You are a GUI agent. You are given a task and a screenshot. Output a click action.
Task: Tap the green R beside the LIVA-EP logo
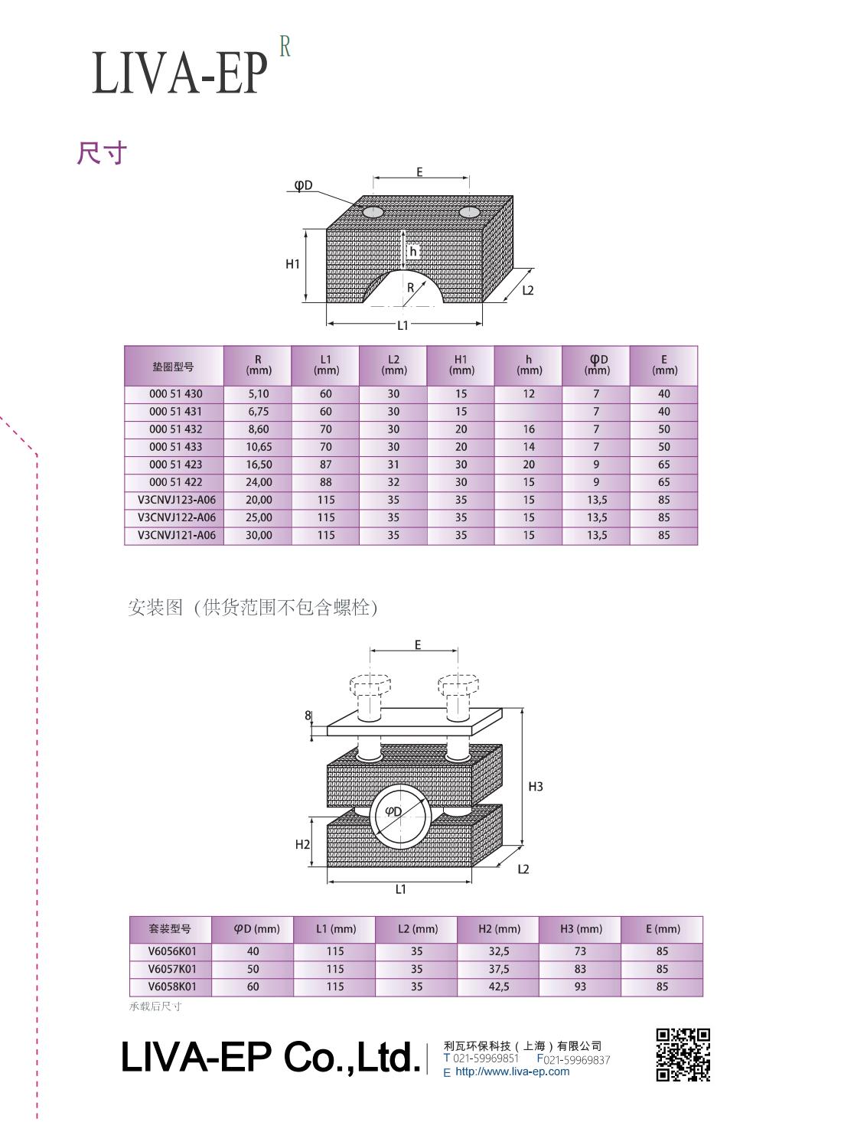click(x=285, y=47)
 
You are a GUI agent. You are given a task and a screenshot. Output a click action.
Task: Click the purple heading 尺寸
click(x=102, y=153)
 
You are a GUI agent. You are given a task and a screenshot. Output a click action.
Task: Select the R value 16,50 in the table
click(x=259, y=465)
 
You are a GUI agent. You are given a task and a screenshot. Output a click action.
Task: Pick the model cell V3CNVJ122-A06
click(x=177, y=517)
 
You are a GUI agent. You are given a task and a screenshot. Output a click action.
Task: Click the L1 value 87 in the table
click(x=326, y=465)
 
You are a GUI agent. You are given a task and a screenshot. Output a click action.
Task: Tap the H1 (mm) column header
click(x=461, y=365)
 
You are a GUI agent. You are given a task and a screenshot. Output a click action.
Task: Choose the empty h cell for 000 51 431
click(x=529, y=412)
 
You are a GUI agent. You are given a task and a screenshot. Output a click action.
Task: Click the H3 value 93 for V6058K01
click(x=580, y=987)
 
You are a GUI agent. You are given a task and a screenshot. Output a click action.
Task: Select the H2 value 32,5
click(x=498, y=951)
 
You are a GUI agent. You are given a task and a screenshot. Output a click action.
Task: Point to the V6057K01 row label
click(x=172, y=969)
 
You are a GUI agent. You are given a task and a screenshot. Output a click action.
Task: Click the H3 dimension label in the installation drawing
click(x=536, y=786)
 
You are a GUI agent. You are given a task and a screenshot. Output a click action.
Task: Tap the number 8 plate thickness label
click(x=308, y=715)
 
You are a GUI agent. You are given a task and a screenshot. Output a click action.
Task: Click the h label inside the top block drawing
click(x=413, y=252)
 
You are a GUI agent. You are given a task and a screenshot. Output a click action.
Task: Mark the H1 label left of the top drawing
click(x=292, y=264)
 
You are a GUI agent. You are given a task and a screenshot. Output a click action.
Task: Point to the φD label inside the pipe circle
click(x=393, y=812)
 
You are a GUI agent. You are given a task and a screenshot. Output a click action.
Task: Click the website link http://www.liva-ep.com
click(x=513, y=1071)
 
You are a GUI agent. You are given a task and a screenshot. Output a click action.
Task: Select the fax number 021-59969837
click(x=577, y=1059)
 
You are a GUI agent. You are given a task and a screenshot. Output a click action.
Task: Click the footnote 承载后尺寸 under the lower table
click(x=155, y=1006)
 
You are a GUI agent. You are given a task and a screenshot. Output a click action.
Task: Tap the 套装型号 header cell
click(x=170, y=929)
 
